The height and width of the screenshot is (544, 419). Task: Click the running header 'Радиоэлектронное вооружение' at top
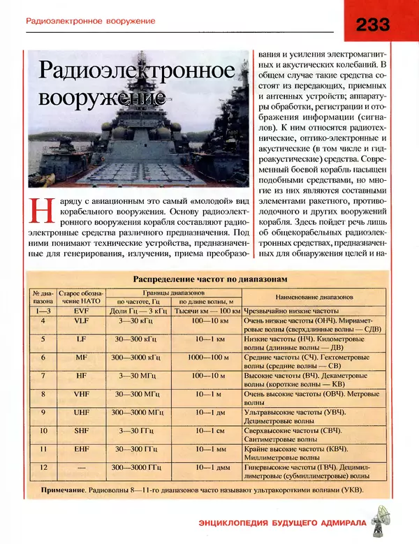pos(90,21)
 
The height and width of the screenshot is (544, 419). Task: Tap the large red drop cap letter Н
pos(41,213)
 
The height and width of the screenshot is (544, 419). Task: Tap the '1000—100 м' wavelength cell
pos(208,357)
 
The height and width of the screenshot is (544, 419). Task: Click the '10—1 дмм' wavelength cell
pos(208,467)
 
